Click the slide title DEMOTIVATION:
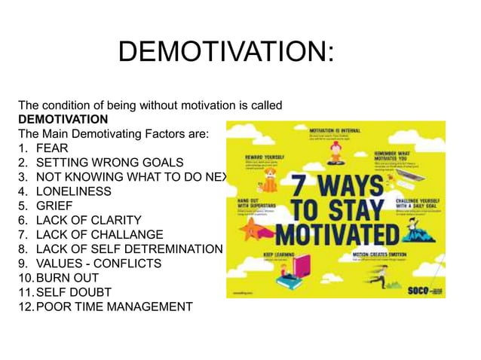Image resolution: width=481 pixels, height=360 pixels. point(225,53)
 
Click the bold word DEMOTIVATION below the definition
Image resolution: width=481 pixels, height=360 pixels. point(63,120)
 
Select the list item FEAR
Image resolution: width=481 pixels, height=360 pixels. point(53,148)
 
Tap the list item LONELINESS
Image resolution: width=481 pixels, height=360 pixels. point(73,191)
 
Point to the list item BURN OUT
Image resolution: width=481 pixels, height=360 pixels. point(67,278)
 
